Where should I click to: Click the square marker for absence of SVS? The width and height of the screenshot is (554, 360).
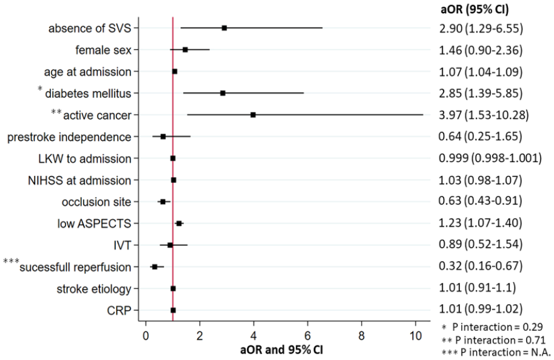point(224,28)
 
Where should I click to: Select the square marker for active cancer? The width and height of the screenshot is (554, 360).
point(253,115)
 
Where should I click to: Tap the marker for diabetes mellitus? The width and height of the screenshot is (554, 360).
point(223,93)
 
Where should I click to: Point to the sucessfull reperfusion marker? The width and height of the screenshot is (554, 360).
point(154,267)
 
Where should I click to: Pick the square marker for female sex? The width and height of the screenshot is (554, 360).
point(185,50)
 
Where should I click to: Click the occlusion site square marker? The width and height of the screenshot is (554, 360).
point(163,202)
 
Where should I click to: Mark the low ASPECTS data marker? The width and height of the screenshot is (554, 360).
point(179,223)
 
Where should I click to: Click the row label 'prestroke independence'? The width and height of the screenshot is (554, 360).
point(69,137)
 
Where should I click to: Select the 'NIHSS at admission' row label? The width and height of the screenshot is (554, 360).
point(79,180)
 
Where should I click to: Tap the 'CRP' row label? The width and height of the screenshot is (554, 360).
point(119,310)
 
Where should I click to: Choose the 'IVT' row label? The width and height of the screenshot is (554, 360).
point(122,245)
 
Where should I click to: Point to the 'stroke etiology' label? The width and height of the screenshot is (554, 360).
point(94,289)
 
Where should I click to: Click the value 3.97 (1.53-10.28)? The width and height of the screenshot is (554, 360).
point(484,115)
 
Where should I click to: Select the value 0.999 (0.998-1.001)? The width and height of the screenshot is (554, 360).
point(490,158)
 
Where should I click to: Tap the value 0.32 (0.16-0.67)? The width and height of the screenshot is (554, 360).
point(481,265)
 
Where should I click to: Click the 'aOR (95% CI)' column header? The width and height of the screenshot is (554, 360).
point(475,9)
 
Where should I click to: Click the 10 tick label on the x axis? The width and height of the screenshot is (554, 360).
point(416,335)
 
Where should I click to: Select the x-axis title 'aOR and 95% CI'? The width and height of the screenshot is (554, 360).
point(282,350)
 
